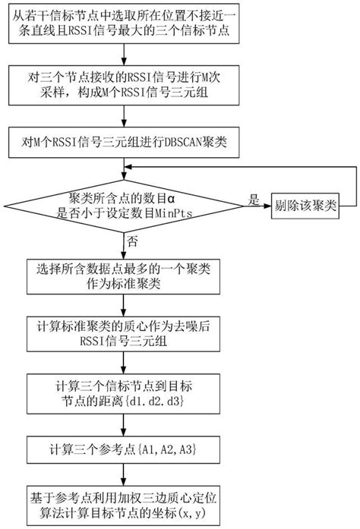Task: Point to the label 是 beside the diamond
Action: (x=253, y=197)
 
